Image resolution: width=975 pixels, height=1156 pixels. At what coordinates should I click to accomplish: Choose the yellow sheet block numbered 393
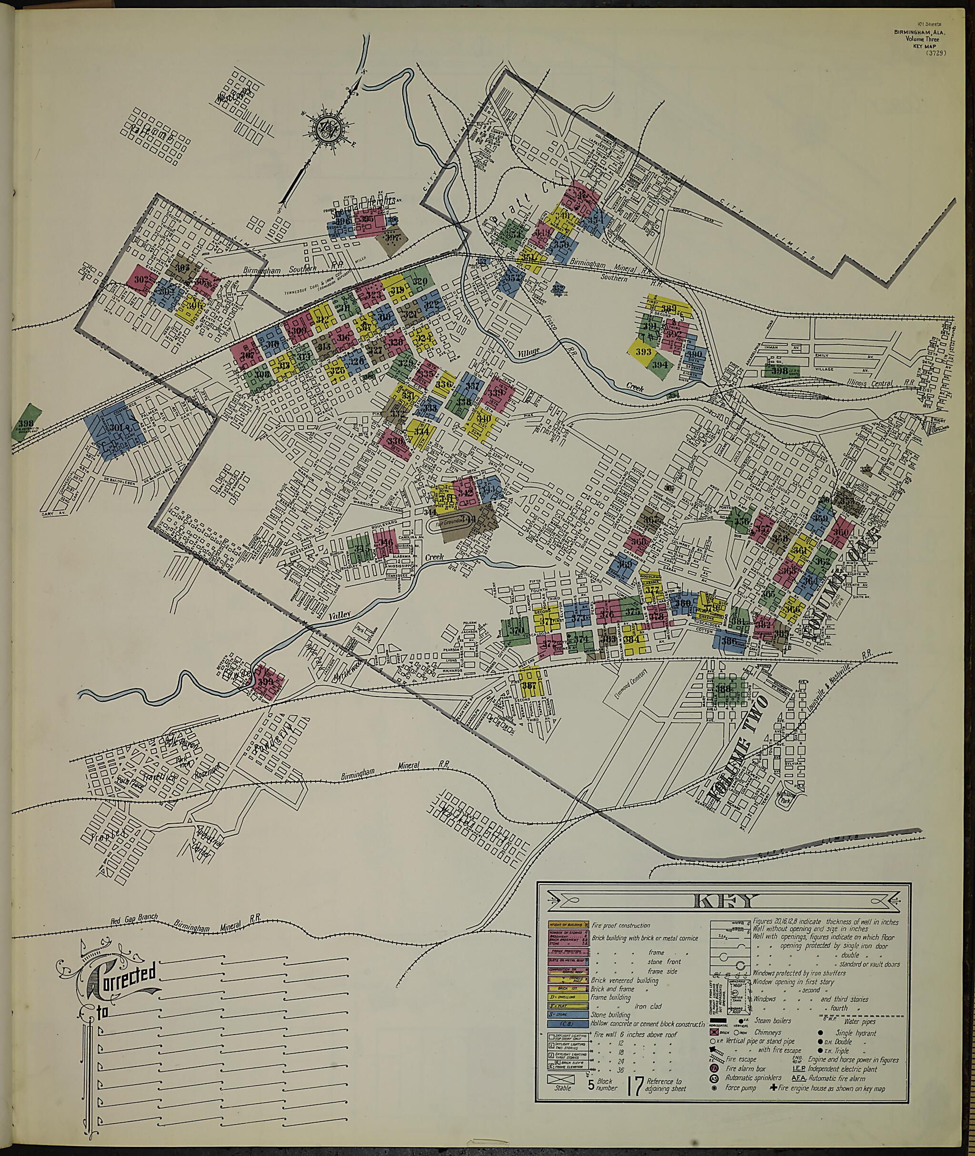642,352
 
